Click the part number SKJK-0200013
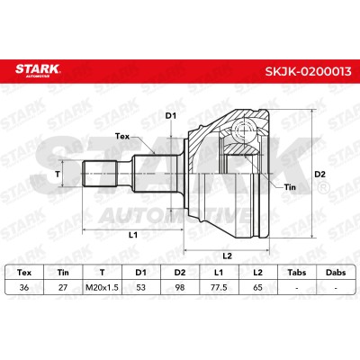(308, 71)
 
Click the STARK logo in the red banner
(38, 70)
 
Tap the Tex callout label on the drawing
(122, 137)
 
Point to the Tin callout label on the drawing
(290, 187)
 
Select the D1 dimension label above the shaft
(171, 116)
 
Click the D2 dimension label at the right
(319, 174)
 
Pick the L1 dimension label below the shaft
(133, 235)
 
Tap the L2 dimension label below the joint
(228, 256)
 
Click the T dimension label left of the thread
(58, 174)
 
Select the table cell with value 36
(24, 287)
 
